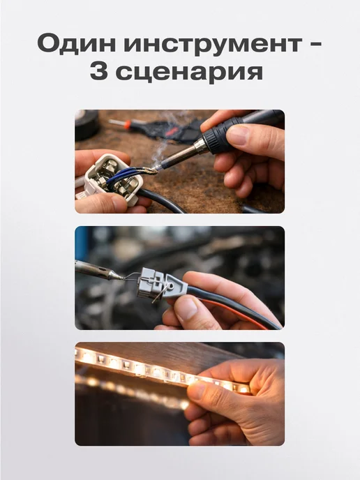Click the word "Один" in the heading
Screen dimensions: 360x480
point(77,44)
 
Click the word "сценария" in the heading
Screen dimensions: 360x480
point(189,73)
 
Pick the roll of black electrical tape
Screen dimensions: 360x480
point(87,125)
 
